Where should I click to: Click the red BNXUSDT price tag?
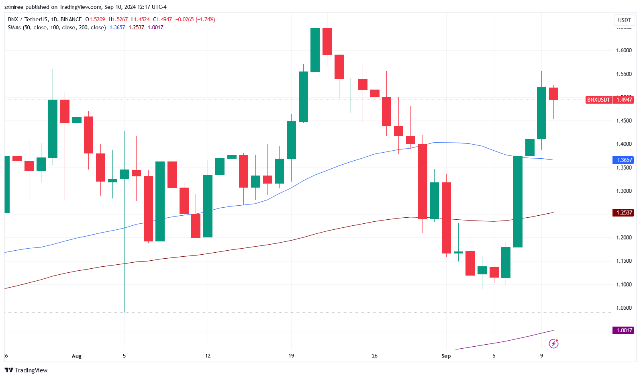(598, 100)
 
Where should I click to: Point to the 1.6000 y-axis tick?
(624, 50)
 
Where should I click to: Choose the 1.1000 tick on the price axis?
(624, 284)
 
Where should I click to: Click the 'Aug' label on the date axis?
(76, 356)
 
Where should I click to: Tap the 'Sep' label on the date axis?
(446, 356)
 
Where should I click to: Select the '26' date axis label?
(375, 356)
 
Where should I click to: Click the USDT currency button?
(624, 20)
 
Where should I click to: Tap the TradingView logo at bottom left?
(26, 370)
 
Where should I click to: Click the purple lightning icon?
(553, 343)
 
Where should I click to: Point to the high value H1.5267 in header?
(118, 19)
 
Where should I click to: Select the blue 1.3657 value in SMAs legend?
(117, 27)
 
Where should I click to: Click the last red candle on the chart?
(553, 94)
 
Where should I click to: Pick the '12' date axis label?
(208, 356)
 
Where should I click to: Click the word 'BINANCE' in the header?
(71, 19)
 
